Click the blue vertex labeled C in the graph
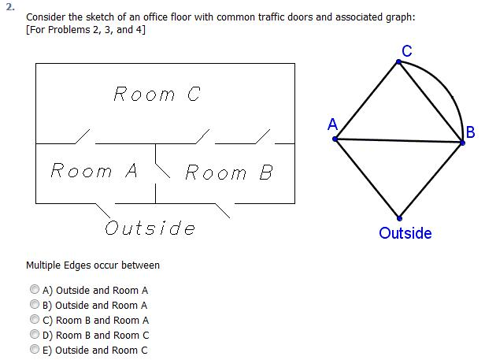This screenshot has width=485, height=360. click(x=398, y=62)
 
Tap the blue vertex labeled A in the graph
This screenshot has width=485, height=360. click(x=335, y=139)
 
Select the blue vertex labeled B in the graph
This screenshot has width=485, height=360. click(x=462, y=143)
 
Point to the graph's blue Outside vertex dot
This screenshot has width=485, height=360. click(x=399, y=218)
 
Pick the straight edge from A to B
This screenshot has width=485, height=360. click(x=398, y=141)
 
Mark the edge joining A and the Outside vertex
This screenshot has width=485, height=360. click(x=367, y=179)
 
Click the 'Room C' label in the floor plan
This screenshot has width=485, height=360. click(x=157, y=94)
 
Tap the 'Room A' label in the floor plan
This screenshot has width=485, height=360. click(x=94, y=170)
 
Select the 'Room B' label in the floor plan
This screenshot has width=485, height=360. click(x=229, y=172)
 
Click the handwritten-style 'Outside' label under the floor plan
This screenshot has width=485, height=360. click(x=150, y=228)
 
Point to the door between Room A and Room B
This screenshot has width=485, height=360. click(x=163, y=170)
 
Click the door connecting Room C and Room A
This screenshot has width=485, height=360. click(x=83, y=136)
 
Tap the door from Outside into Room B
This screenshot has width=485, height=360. click(x=223, y=211)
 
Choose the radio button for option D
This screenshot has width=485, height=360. click(x=35, y=334)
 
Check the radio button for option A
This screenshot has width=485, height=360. click(x=35, y=289)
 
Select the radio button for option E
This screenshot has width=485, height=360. click(x=35, y=350)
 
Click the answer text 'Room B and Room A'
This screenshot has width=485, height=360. click(x=102, y=321)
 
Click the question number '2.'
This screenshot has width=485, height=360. click(x=10, y=7)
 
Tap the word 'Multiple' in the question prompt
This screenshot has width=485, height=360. click(x=43, y=265)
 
